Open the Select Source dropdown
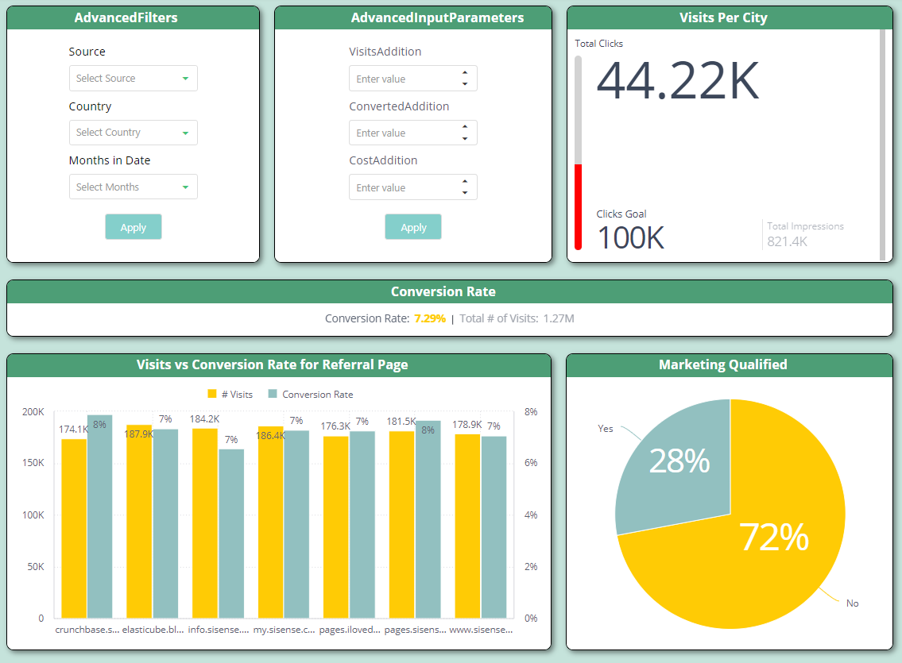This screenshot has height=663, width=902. click(133, 79)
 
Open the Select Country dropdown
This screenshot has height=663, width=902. click(133, 133)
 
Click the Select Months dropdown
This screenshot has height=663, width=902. click(133, 187)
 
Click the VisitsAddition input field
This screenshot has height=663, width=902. click(404, 79)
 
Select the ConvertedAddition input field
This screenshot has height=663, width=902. click(404, 133)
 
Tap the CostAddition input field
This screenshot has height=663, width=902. click(404, 187)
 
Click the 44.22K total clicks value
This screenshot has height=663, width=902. click(677, 81)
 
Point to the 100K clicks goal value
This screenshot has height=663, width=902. click(630, 237)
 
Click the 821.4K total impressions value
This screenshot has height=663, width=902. click(787, 241)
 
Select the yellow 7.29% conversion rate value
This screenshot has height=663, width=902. click(430, 318)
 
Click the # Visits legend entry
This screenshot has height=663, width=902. click(230, 395)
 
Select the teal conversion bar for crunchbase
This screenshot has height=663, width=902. click(100, 516)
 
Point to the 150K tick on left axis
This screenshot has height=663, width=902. click(33, 463)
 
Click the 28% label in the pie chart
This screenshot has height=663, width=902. click(679, 461)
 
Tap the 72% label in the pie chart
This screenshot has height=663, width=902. click(773, 538)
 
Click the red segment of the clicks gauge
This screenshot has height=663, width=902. click(578, 206)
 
